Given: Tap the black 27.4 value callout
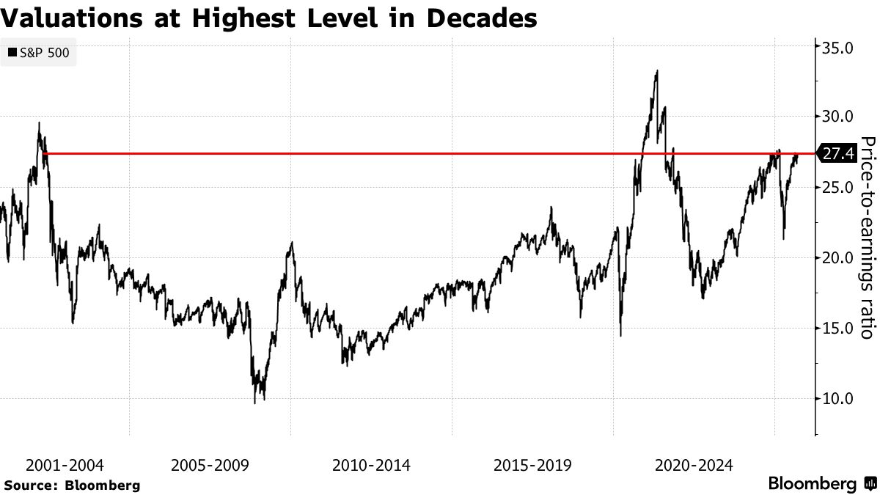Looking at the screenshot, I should tap(836, 154).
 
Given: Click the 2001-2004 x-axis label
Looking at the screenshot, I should tap(65, 465).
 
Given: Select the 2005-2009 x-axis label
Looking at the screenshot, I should tap(210, 465).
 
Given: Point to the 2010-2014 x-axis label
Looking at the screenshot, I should tap(371, 465).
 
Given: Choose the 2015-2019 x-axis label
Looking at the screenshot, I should tap(532, 465).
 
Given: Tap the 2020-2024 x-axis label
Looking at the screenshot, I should tap(694, 465).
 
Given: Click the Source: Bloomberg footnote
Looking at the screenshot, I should tap(72, 485).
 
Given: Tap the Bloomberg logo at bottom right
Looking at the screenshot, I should tap(821, 484).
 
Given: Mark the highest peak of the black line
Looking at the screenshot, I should tap(657, 71).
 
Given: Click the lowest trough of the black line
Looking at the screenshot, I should tap(255, 403).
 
